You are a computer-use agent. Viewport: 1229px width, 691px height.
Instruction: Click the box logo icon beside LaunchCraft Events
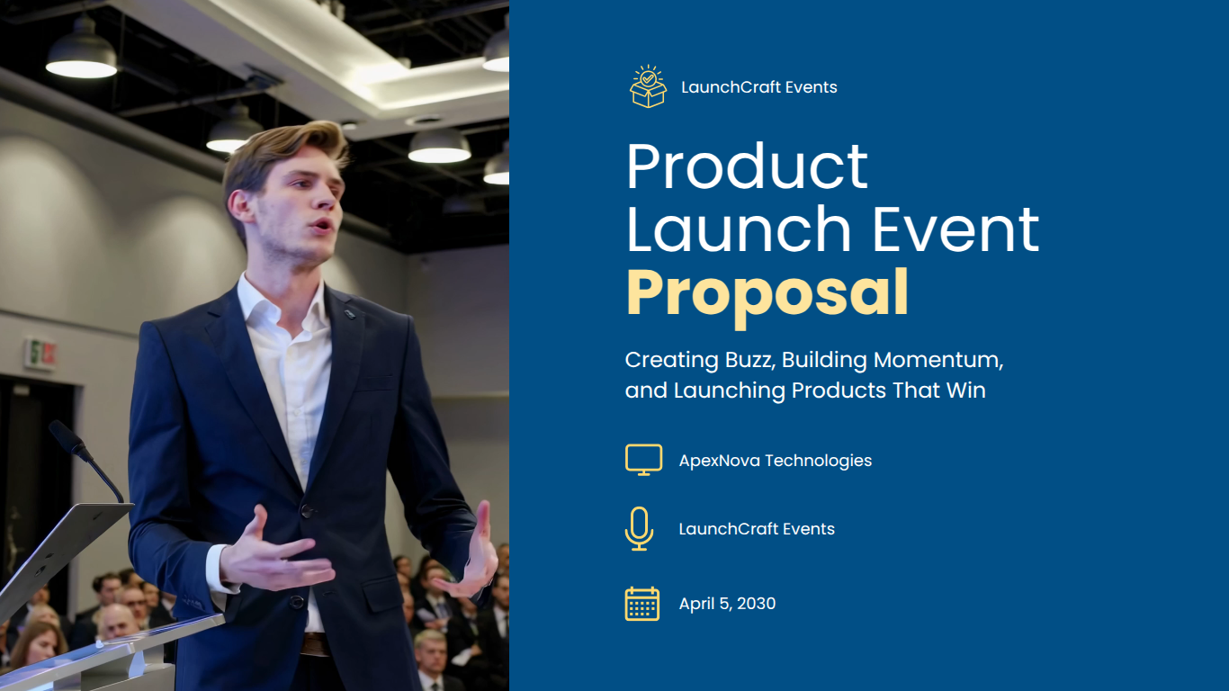coord(648,87)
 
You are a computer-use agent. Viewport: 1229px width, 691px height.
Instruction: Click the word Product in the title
coord(747,166)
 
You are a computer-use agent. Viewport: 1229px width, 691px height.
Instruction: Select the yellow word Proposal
coord(767,293)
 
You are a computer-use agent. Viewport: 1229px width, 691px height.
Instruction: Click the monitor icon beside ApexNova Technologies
coord(643,460)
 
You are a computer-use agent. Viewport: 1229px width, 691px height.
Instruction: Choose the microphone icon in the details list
coord(639,528)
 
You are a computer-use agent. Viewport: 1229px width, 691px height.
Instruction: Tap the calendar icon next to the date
coord(642,604)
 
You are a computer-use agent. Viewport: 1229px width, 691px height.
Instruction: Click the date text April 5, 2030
coord(727,604)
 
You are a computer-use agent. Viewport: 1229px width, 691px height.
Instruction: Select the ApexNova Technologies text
coord(775,461)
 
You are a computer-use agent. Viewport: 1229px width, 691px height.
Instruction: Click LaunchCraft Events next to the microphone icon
coord(756,529)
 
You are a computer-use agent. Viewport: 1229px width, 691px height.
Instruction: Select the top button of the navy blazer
coord(308,510)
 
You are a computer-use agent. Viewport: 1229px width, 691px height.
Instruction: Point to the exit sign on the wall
coord(40,353)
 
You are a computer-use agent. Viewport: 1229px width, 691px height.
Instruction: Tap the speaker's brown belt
coord(313,643)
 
